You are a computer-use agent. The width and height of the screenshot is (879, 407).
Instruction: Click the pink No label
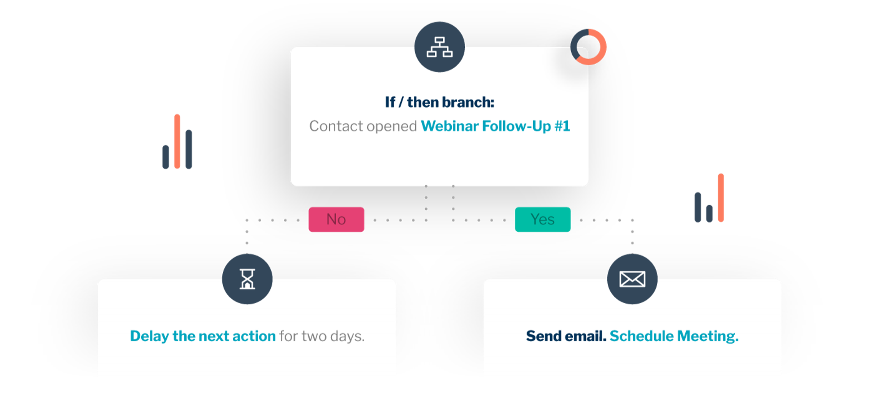pyautogui.click(x=336, y=219)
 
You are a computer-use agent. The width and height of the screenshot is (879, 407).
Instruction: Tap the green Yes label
pyautogui.click(x=542, y=219)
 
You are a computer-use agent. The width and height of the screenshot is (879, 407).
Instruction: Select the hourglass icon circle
pyautogui.click(x=247, y=279)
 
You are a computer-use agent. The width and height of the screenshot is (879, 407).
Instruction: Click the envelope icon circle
pyautogui.click(x=632, y=279)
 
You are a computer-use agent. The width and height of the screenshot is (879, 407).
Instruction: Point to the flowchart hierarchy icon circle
pyautogui.click(x=439, y=47)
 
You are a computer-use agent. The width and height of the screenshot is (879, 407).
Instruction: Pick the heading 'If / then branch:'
pyautogui.click(x=439, y=102)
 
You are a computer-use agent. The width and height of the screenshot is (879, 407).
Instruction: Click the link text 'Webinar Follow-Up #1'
pyautogui.click(x=495, y=126)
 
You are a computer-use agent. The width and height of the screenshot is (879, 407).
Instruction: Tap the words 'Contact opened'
pyautogui.click(x=363, y=126)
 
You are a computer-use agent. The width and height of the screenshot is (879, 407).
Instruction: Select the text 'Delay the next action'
pyautogui.click(x=203, y=336)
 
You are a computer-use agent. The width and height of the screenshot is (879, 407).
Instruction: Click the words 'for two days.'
pyautogui.click(x=322, y=336)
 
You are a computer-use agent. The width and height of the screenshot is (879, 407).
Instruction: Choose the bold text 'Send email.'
pyautogui.click(x=566, y=336)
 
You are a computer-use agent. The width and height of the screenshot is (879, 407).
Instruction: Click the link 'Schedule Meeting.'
pyautogui.click(x=674, y=336)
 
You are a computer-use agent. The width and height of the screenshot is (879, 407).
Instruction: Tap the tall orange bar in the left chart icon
pyautogui.click(x=177, y=141)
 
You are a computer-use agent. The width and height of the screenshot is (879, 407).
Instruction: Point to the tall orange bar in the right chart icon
pyautogui.click(x=721, y=198)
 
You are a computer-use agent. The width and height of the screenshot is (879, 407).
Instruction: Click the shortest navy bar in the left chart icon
pyautogui.click(x=165, y=157)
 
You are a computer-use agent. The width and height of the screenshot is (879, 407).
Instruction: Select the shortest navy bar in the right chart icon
pyautogui.click(x=709, y=214)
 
